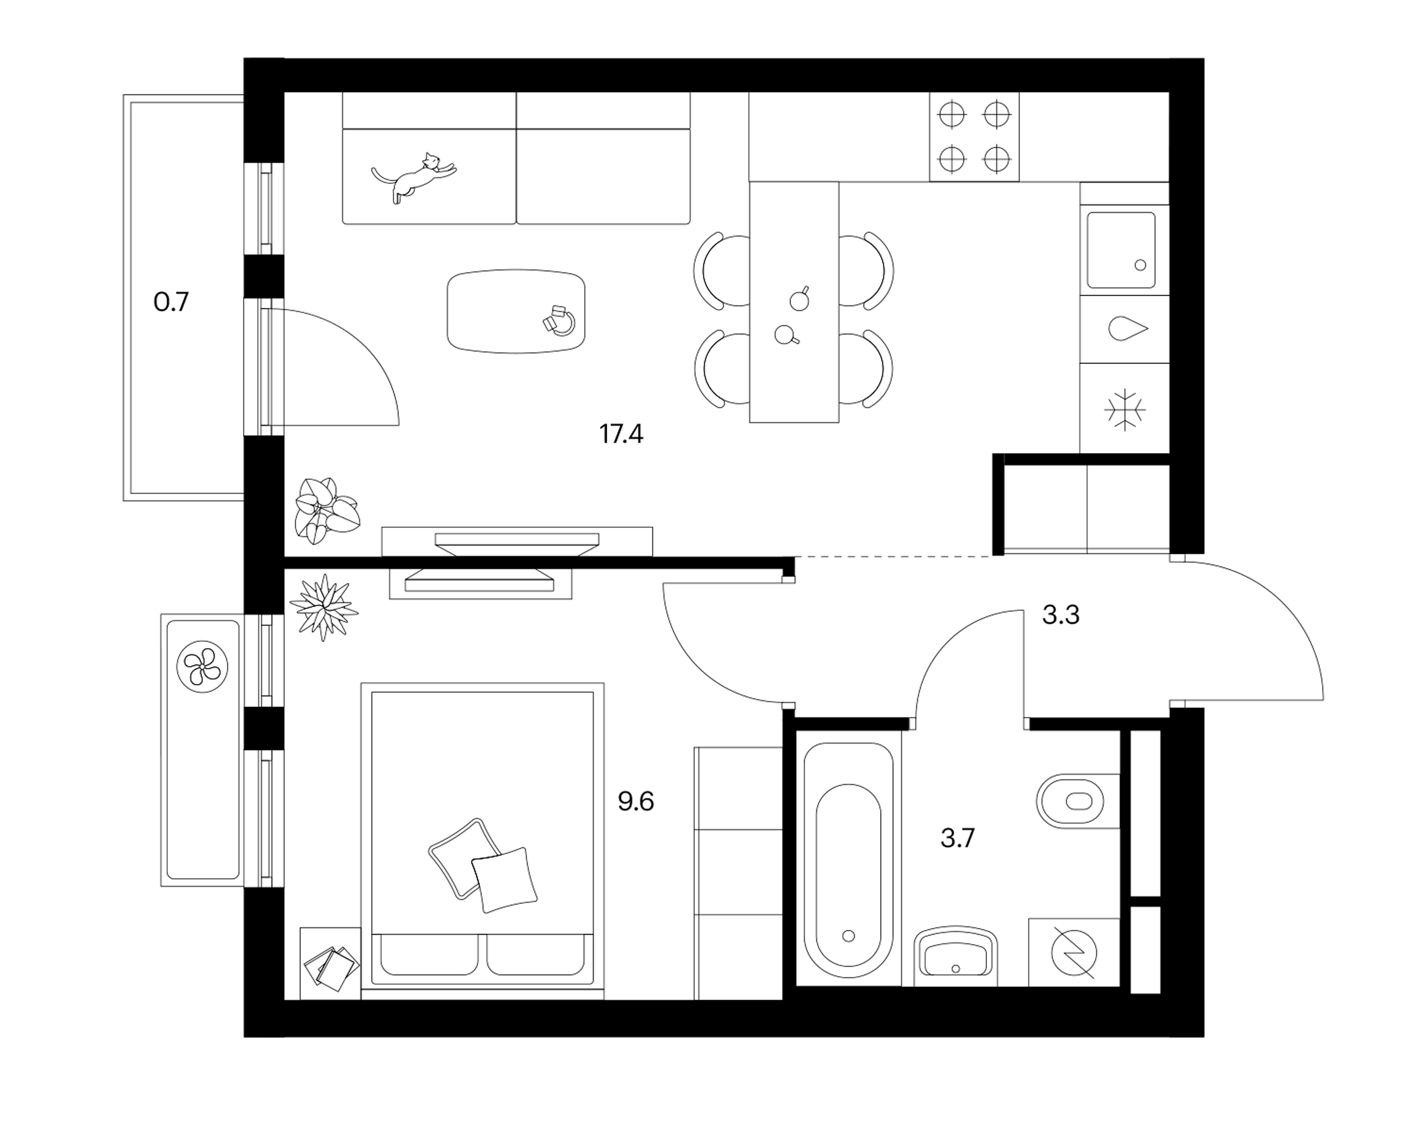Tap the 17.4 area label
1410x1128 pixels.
tap(621, 434)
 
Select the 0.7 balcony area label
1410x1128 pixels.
tap(171, 302)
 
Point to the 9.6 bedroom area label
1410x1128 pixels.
tap(635, 801)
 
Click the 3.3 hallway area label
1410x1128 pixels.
tap(1060, 614)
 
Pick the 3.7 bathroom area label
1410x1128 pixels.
tap(957, 838)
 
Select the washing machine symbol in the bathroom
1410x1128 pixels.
tap(1074, 953)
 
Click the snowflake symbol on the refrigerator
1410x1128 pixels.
tap(1125, 410)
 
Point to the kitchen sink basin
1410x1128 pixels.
tap(1121, 250)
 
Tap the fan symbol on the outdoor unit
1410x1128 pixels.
tap(202, 667)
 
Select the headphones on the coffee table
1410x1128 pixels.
tap(560, 322)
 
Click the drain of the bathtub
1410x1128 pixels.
tap(849, 936)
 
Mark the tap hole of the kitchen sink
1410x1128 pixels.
tap(1140, 265)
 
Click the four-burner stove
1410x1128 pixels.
tap(974, 137)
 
